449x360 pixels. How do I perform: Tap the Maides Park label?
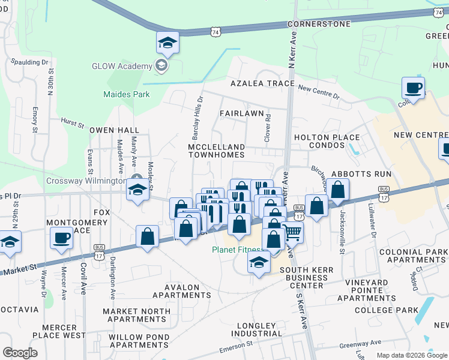click(127, 94)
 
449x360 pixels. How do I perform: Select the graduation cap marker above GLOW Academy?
click(167, 43)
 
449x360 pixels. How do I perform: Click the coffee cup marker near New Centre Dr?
click(413, 88)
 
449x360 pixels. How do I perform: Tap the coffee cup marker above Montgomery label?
click(60, 238)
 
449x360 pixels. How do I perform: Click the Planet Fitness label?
click(237, 250)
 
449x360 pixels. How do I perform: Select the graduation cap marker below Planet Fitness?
click(259, 262)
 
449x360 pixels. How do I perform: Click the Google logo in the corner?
click(20, 352)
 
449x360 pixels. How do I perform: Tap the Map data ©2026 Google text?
click(412, 355)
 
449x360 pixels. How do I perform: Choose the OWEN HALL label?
click(114, 130)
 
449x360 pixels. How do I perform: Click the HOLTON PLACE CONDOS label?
click(327, 141)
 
